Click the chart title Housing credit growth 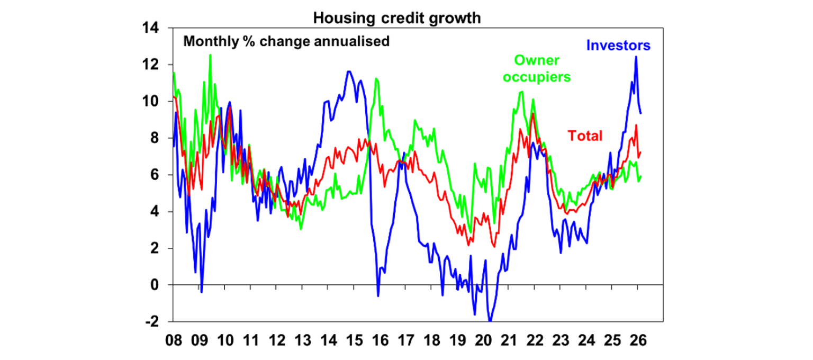click(x=397, y=17)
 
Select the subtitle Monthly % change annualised click(x=286, y=41)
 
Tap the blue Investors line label click(x=618, y=45)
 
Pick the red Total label click(x=585, y=136)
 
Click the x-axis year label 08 click(x=174, y=339)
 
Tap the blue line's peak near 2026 click(x=636, y=57)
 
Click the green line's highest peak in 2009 click(x=210, y=55)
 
